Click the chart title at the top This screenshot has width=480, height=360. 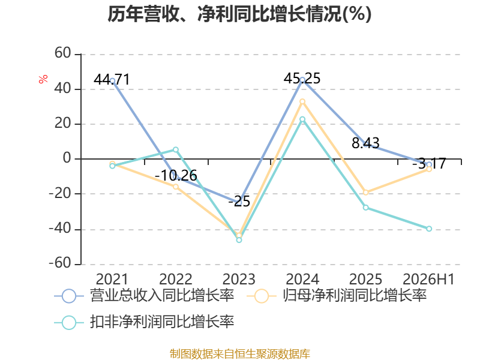(x=239, y=14)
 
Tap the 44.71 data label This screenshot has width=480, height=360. (x=112, y=80)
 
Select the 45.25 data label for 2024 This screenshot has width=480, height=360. (x=302, y=79)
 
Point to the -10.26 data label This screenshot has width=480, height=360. (x=176, y=175)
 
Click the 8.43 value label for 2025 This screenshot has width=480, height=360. (x=365, y=143)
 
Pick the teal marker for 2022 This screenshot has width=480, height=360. (x=176, y=149)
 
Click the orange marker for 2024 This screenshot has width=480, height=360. (x=302, y=101)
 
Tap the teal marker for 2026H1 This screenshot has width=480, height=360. (x=429, y=229)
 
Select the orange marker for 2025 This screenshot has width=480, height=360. (x=366, y=193)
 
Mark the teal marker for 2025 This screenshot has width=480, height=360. (x=366, y=208)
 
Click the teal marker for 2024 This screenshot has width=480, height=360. (x=302, y=119)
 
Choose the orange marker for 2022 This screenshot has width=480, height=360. (x=176, y=187)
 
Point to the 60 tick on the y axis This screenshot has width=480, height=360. (x=63, y=53)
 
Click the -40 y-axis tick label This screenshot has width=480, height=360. (x=60, y=229)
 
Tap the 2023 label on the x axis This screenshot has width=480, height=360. (x=239, y=279)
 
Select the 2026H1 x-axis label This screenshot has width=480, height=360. (x=428, y=279)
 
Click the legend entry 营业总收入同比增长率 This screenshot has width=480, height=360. (x=144, y=296)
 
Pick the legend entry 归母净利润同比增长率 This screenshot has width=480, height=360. (x=337, y=296)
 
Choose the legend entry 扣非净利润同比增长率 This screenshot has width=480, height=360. (x=144, y=322)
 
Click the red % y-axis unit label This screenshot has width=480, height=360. (x=43, y=79)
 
